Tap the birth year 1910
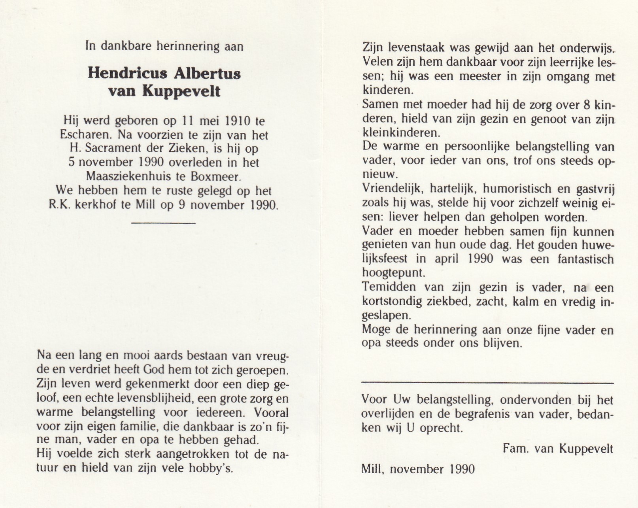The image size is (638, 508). pyautogui.click(x=237, y=121)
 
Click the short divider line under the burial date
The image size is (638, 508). pyautogui.click(x=163, y=223)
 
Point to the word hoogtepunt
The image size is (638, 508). pyautogui.click(x=393, y=273)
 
